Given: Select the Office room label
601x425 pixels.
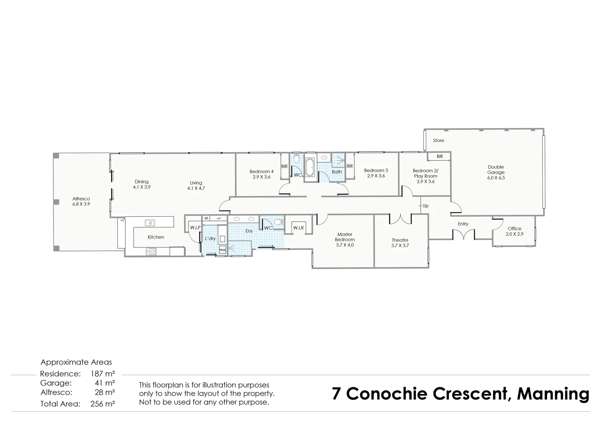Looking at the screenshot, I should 514,229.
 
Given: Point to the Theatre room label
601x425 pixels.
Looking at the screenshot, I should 400,240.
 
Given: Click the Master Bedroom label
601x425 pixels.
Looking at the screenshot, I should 345,237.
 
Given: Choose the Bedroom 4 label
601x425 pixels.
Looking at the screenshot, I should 261,172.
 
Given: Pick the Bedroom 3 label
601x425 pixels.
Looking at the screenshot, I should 376,170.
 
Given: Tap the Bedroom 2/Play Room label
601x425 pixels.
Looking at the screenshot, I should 425,173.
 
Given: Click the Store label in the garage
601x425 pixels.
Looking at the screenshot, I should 438,140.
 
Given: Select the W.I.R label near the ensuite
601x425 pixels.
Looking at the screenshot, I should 298,228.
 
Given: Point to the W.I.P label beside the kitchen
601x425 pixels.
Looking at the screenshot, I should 195,228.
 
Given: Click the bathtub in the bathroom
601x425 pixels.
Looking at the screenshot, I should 310,168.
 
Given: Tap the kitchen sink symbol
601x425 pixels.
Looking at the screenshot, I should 150,223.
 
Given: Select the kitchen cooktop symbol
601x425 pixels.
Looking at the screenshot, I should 151,251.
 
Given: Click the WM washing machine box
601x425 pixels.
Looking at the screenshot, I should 222,250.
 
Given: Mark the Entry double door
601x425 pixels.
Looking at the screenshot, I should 464,235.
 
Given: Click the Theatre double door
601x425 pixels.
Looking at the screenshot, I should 400,219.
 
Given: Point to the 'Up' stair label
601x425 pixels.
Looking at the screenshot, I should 425,206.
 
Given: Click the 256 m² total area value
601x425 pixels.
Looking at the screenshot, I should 102,404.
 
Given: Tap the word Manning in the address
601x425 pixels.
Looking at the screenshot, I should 553,394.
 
